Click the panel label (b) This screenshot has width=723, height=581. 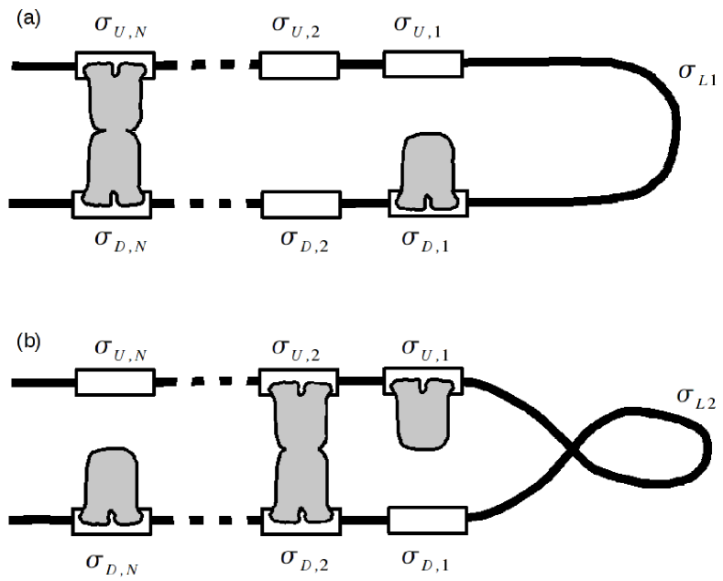[28, 343]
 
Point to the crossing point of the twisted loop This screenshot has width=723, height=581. [574, 452]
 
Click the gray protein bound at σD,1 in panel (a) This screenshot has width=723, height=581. [428, 170]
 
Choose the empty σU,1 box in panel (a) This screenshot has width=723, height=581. [422, 64]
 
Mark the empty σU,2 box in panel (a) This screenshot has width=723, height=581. [300, 65]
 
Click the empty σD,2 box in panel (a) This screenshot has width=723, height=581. [301, 203]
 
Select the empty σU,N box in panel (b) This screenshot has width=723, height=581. [113, 382]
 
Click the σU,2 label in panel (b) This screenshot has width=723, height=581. [298, 351]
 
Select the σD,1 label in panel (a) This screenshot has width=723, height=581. [427, 240]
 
